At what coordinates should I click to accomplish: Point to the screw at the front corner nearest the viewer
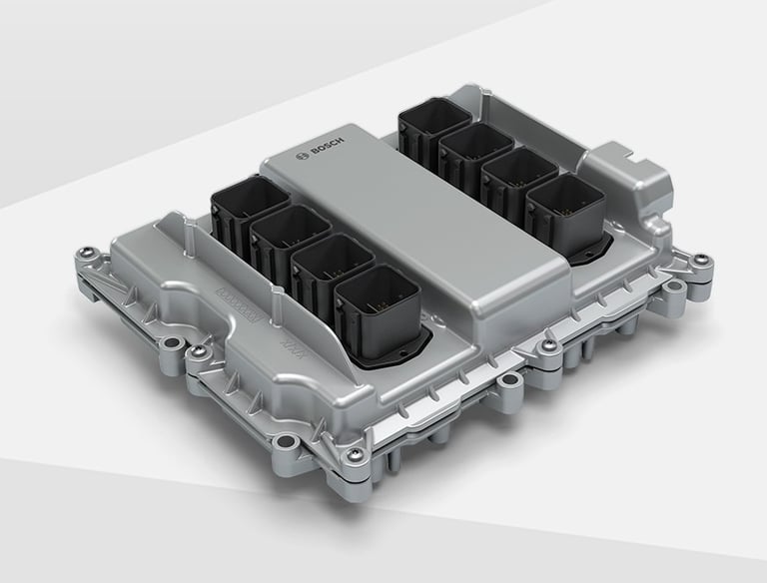pos(353,456)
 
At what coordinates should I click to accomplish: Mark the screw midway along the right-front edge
pos(547,345)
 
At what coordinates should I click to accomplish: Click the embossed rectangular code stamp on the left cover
pos(237,300)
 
